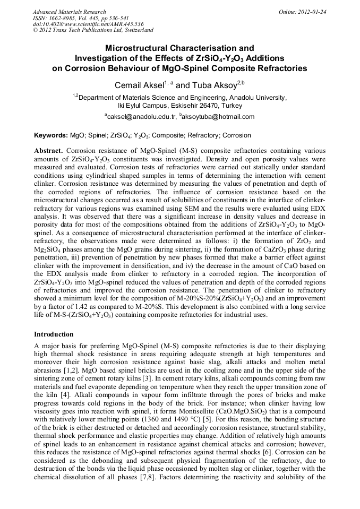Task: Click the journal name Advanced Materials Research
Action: click(x=70, y=12)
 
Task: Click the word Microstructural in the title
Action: click(x=134, y=48)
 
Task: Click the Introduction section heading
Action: click(x=54, y=334)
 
